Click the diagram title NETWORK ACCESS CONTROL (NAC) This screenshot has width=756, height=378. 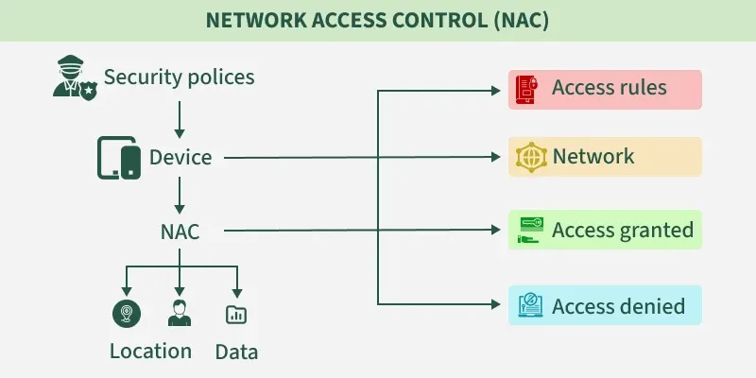click(x=378, y=21)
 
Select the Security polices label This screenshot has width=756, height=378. click(x=179, y=77)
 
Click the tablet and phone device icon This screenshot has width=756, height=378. click(x=119, y=158)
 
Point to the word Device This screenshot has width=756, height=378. click(x=180, y=157)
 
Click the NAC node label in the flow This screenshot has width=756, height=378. click(x=180, y=231)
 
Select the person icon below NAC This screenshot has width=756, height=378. click(x=180, y=313)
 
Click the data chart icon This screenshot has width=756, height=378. click(x=236, y=314)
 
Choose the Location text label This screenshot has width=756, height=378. click(x=150, y=352)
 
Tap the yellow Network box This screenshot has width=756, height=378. click(x=605, y=157)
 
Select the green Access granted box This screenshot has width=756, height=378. click(x=605, y=230)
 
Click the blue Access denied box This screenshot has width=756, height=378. click(x=605, y=305)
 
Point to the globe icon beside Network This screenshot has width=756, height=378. click(x=529, y=157)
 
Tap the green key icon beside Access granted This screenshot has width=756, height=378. click(x=529, y=230)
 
